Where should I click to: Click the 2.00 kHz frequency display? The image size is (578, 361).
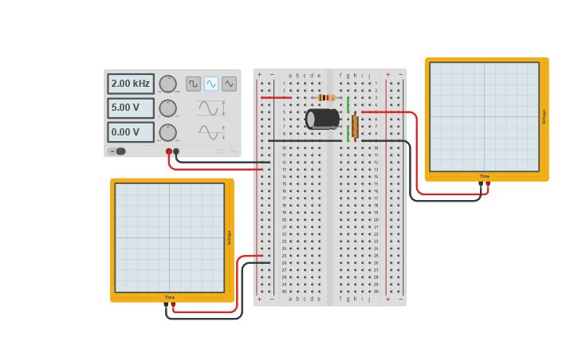pos(131,84)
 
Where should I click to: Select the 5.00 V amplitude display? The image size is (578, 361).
pos(131,108)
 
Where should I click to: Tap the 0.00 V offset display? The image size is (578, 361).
pos(131,132)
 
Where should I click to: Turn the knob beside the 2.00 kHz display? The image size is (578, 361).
pos(167,84)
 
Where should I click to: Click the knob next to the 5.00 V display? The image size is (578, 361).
pos(167,108)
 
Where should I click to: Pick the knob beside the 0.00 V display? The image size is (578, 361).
pos(167,132)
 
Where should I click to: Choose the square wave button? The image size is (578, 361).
pos(193,84)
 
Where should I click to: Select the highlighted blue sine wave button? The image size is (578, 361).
pos(211,84)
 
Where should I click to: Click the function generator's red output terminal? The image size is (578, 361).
pos(169,151)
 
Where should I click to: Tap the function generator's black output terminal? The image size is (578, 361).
pos(176,151)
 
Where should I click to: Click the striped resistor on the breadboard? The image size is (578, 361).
pos(326,97)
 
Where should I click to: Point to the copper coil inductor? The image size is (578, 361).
pos(355,126)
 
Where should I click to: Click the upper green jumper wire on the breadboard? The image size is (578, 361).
pos(348,104)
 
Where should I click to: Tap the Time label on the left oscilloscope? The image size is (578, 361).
pos(170,297)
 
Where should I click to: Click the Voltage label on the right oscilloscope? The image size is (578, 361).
pos(544,116)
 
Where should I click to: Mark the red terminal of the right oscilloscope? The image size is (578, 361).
pos(488,184)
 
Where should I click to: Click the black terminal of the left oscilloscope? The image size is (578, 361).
pos(167,305)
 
